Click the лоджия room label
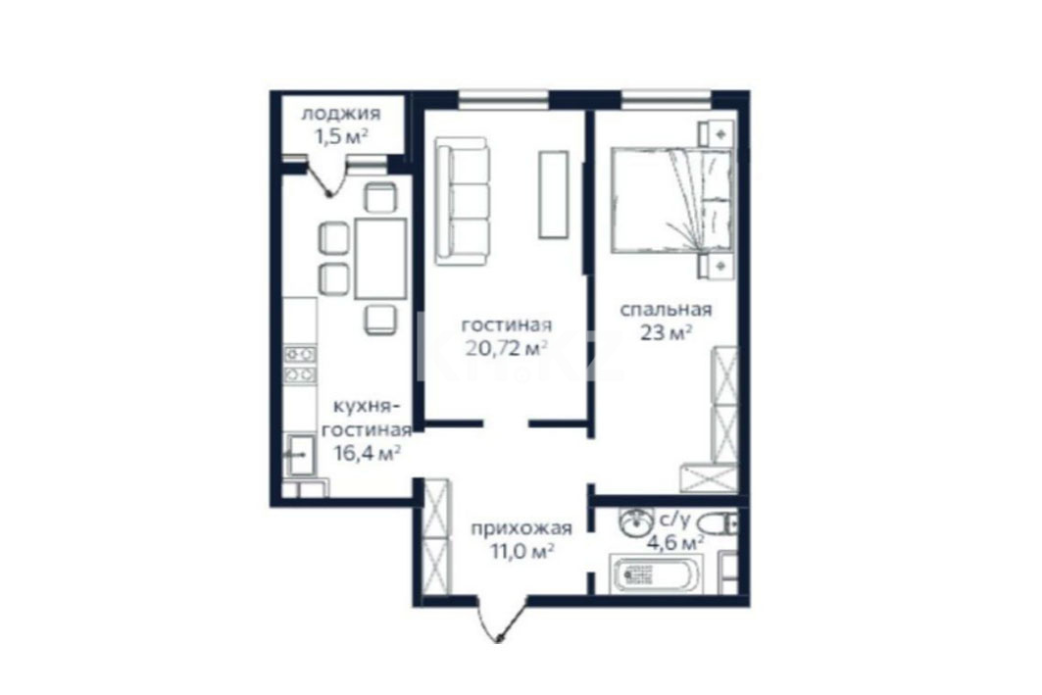341,114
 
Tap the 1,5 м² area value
341,136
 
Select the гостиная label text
507,324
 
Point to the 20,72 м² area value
507,347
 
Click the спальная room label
666,310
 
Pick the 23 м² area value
666,331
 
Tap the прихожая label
521,529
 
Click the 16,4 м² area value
367,453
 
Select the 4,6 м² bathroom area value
675,543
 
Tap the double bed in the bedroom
672,201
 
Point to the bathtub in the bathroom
655,575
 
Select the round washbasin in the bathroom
634,522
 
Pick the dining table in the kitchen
380,259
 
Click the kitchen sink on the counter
301,454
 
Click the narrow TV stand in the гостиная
554,194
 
